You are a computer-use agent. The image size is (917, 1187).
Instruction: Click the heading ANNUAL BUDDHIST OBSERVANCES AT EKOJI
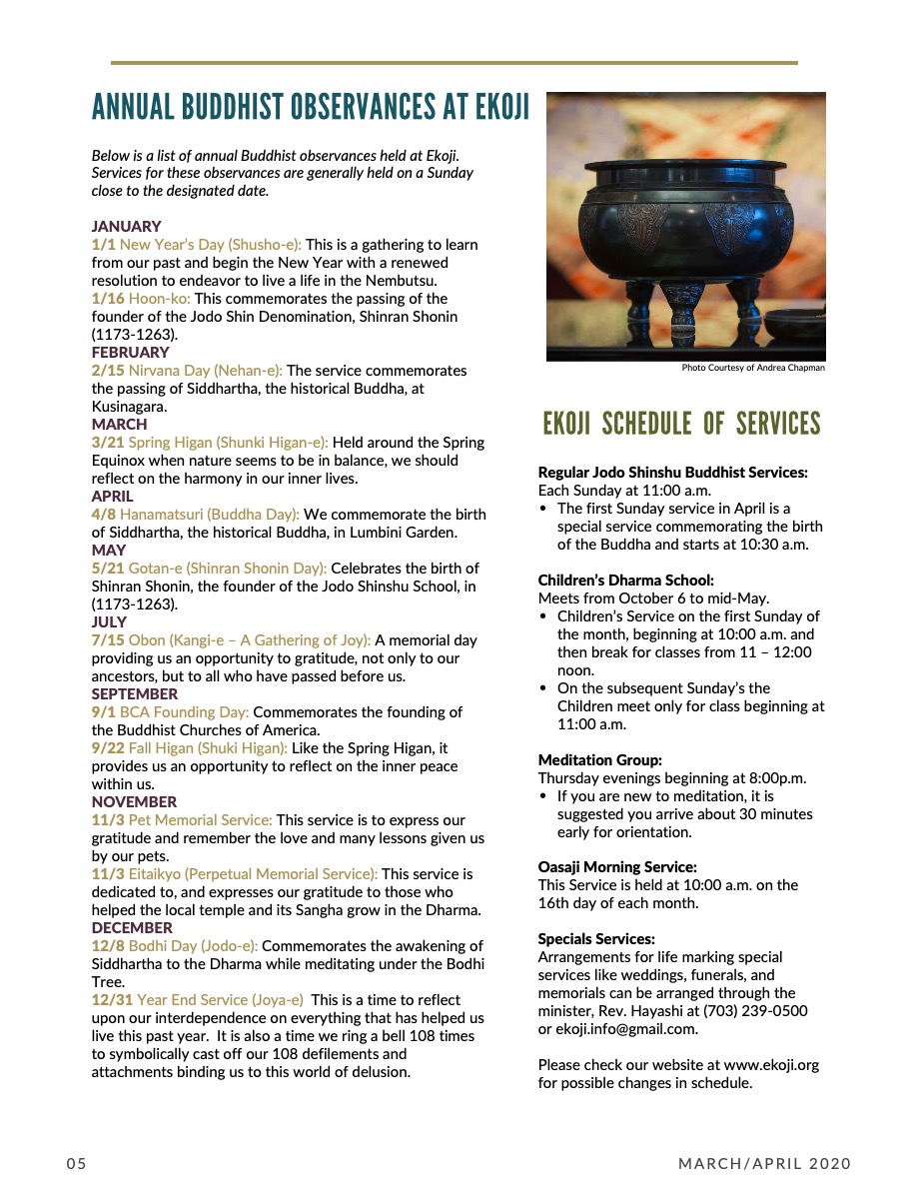coord(311,106)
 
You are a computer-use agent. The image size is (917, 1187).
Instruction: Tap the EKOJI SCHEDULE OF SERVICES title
coord(681,424)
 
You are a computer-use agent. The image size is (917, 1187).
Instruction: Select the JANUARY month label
coord(126,227)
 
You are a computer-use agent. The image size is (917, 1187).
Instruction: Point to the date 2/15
coord(107,371)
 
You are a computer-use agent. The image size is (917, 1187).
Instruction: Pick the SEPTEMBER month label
coord(135,694)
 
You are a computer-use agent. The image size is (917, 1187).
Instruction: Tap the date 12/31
coord(112,1000)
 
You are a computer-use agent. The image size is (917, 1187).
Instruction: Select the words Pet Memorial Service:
coord(200,820)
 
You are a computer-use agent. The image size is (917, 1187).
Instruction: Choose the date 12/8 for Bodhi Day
coord(107,946)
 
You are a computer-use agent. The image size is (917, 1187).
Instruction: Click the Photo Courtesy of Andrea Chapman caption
coord(753,368)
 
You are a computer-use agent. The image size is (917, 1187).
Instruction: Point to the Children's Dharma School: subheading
coord(626,580)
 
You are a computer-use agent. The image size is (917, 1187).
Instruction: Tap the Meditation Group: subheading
coord(599,759)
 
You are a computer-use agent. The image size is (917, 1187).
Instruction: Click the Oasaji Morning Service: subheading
coord(617,867)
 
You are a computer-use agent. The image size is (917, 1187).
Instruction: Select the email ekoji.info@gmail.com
coord(627,1029)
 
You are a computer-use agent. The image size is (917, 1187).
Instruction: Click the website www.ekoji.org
coord(772,1065)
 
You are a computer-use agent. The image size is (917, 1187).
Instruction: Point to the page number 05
coord(77,1164)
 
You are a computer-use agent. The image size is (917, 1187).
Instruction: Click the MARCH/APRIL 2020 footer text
coord(764,1164)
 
